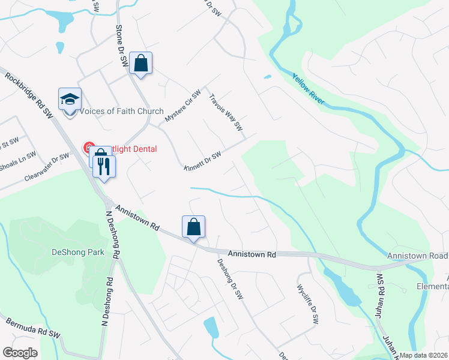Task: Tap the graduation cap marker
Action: tap(70, 99)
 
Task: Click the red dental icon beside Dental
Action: tap(88, 148)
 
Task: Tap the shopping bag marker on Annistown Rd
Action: tap(193, 227)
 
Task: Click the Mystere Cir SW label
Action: tap(183, 109)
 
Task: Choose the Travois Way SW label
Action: tap(225, 112)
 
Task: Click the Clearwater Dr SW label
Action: tap(47, 168)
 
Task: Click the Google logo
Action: tap(20, 353)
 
